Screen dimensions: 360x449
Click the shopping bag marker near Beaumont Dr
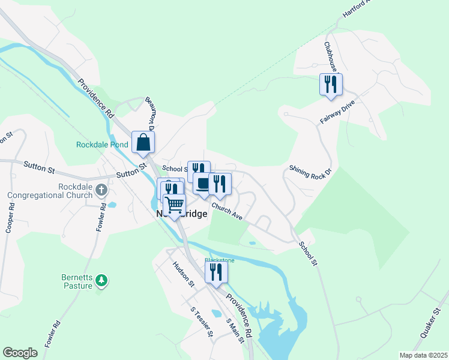click(143, 142)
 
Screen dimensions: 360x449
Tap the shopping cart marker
click(175, 205)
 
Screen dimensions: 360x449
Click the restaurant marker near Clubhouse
click(330, 84)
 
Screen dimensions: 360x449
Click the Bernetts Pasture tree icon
click(102, 280)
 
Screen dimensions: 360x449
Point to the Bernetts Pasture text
click(77, 281)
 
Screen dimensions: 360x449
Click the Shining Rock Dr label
click(310, 172)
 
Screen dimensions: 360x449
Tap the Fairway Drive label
click(337, 112)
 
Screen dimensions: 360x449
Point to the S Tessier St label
click(201, 322)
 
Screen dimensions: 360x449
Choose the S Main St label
click(235, 331)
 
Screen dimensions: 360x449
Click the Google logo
click(20, 353)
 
